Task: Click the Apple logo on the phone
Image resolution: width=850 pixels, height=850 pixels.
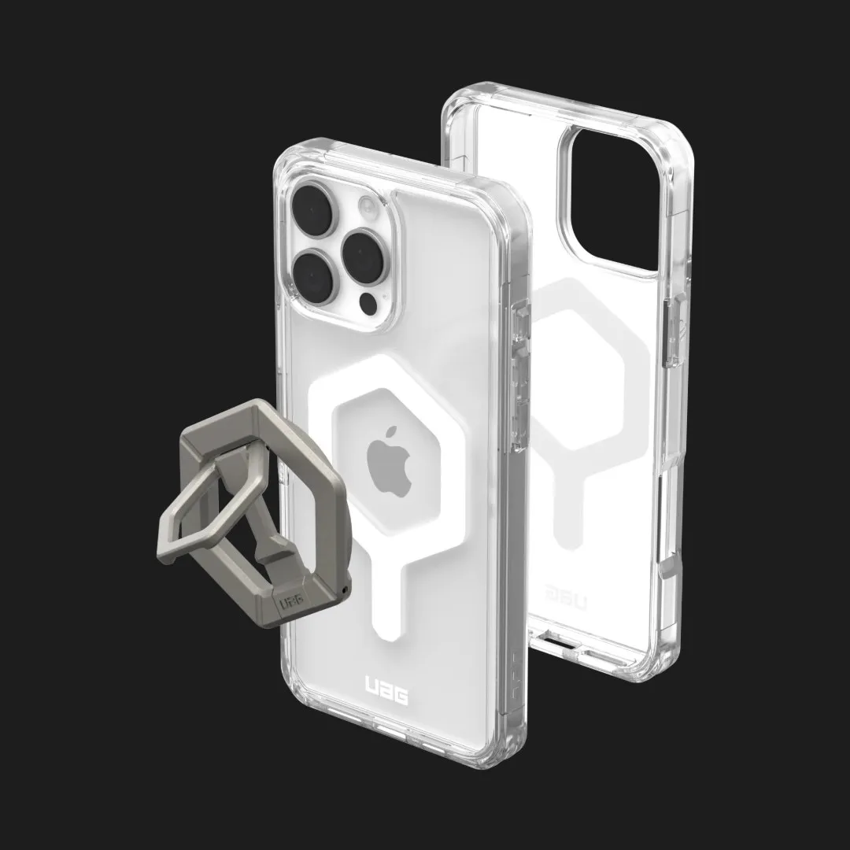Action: click(x=390, y=461)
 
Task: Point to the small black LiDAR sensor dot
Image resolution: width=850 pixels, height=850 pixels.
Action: click(x=369, y=305)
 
